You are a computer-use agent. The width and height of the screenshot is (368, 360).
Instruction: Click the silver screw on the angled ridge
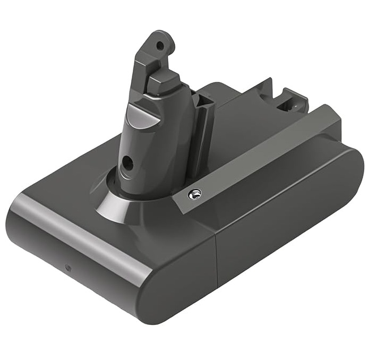tap(195, 195)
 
